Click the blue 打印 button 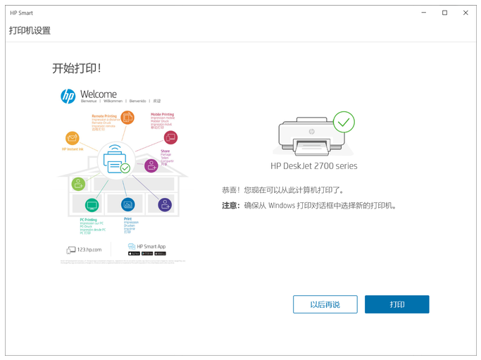point(396,304)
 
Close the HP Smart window point(466,13)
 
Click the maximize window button point(444,13)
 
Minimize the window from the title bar point(424,13)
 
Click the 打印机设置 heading point(30,31)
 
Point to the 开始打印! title point(77,68)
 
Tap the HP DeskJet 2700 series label point(314,166)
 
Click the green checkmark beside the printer point(344,122)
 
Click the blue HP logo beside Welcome point(68,97)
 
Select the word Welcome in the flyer point(99,94)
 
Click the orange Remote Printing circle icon point(127,117)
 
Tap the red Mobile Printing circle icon point(170,137)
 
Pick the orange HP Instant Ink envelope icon point(72,138)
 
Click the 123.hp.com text point(89,249)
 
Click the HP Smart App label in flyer point(151,247)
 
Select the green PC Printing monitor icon point(92,205)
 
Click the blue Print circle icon point(127,205)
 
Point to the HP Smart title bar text point(21,13)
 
